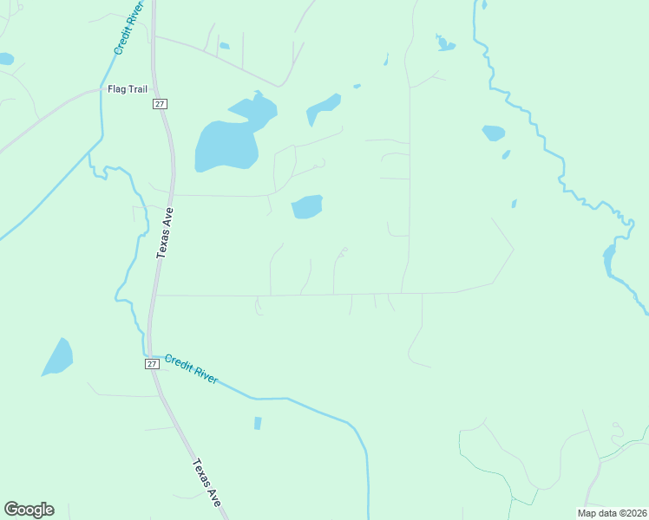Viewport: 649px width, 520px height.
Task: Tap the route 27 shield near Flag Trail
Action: (x=160, y=104)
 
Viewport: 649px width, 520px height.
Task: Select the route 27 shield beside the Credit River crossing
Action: (x=152, y=365)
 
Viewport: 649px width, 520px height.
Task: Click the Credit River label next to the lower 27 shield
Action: (x=191, y=369)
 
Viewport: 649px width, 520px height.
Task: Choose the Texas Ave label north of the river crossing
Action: (x=165, y=233)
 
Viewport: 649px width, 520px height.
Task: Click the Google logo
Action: (x=29, y=510)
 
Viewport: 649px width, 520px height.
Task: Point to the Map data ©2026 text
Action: (x=612, y=513)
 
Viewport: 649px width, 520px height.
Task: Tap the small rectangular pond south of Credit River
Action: (x=257, y=423)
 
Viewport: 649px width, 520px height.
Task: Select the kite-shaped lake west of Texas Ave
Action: (x=58, y=356)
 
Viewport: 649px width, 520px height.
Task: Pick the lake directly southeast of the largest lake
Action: (x=306, y=206)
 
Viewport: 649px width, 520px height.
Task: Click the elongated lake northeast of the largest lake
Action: (x=323, y=109)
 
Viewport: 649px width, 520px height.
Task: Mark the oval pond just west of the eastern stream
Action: (x=493, y=133)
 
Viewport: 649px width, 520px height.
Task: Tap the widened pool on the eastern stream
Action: (x=608, y=258)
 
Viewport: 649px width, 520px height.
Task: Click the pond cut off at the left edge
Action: (x=5, y=59)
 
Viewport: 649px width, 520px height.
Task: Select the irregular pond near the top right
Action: (x=444, y=43)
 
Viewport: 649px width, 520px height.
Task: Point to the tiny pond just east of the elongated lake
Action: (x=357, y=86)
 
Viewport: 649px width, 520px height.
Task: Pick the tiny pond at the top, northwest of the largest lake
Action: (x=224, y=45)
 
